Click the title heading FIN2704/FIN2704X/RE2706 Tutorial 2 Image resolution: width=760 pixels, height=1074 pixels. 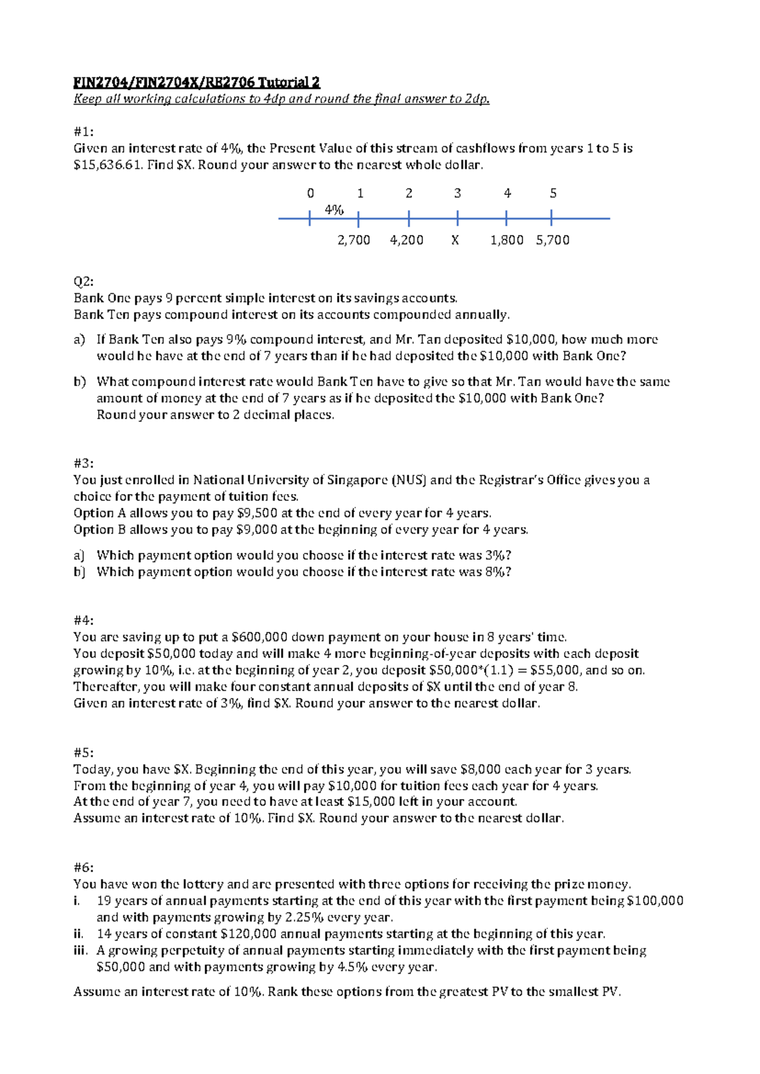point(196,82)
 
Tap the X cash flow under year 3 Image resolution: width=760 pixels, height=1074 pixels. point(455,240)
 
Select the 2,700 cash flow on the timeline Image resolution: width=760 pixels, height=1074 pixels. point(353,240)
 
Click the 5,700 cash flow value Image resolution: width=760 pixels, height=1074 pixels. point(552,240)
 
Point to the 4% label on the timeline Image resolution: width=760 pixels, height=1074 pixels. point(334,210)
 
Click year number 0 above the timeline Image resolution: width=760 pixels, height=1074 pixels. point(310,193)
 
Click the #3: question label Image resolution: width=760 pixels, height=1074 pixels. point(84,464)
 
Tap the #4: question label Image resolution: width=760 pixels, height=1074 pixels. point(84,621)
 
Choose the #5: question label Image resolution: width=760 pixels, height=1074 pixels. point(84,753)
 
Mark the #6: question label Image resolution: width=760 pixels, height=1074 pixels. point(84,868)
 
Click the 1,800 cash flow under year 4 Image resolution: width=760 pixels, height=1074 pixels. point(507,240)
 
